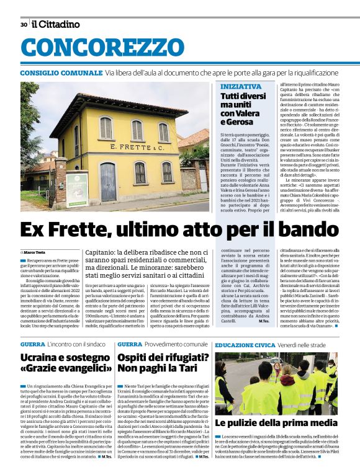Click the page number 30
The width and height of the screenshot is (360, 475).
tap(24, 24)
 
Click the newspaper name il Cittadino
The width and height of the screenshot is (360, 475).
tap(56, 24)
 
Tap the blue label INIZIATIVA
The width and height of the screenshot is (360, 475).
tap(241, 86)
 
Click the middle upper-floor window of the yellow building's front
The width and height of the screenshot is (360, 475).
tap(137, 130)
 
